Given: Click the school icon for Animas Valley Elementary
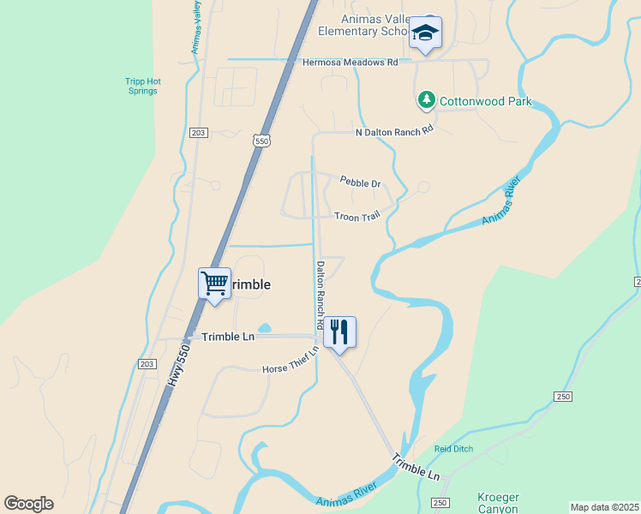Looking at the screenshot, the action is (424, 33).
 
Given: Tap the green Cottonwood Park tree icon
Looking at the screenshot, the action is (427, 101).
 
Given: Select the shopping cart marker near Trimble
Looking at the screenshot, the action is (214, 284).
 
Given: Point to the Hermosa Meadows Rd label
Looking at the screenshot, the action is (350, 63).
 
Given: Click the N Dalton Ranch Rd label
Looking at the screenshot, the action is (395, 131).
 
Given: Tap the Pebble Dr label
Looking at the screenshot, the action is (360, 182).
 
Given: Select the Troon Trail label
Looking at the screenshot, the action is (356, 218).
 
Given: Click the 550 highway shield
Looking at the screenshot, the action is (261, 140).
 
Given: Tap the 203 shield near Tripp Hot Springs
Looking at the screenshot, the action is (198, 133).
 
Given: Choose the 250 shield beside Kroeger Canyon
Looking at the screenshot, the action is (440, 502).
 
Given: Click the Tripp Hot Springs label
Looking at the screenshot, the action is (142, 87).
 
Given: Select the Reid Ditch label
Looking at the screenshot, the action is (453, 448).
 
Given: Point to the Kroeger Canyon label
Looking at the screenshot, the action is (497, 503).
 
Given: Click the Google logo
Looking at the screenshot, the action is (28, 504).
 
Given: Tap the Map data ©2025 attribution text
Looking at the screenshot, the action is (604, 507).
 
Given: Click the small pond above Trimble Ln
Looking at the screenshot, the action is (264, 328).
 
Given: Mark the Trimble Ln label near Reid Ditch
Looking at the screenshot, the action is (416, 468).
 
